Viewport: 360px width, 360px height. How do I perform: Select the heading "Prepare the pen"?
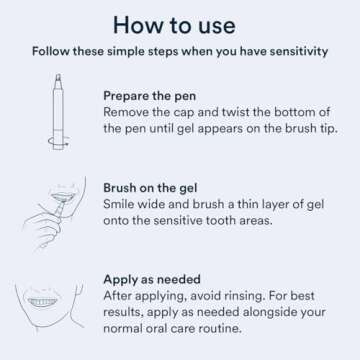point(152,96)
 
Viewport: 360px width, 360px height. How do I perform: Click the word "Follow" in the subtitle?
point(51,52)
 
